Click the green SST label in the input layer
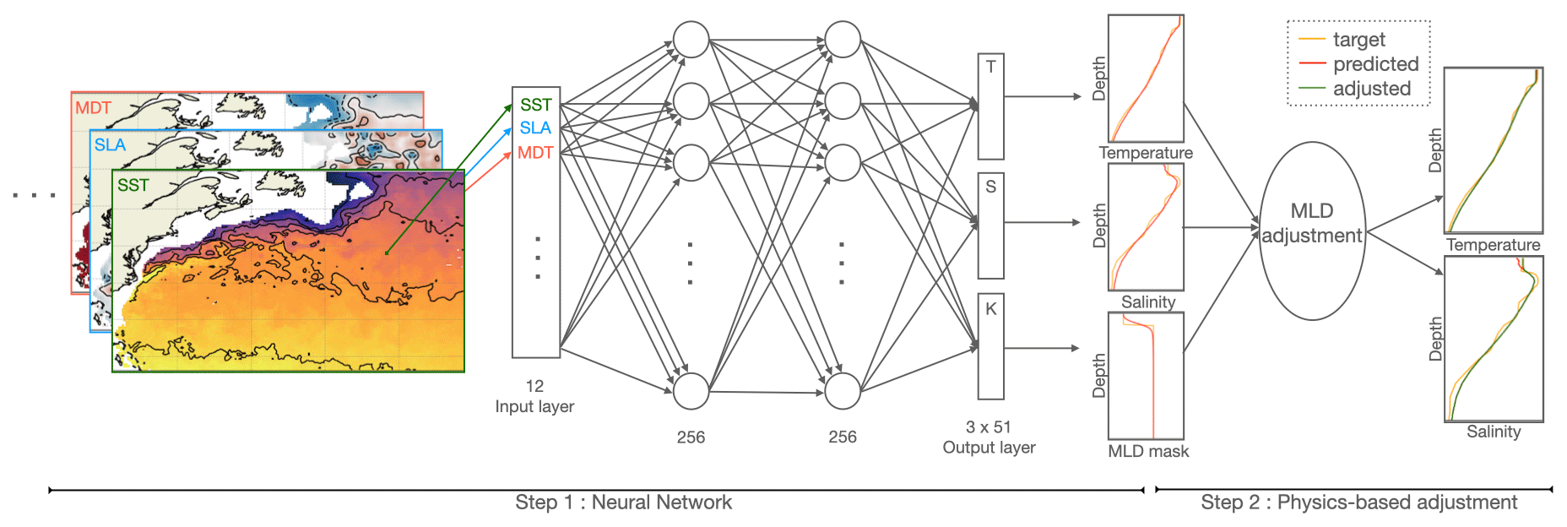point(535,105)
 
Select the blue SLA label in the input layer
point(535,128)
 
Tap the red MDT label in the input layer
point(535,153)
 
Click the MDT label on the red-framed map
point(93,108)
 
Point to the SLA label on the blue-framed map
point(110,145)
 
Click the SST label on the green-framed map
point(133,186)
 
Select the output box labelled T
point(990,106)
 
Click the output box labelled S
point(990,225)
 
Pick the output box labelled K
point(990,346)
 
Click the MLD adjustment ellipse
point(1312,231)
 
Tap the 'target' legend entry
point(1358,40)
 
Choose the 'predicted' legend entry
point(1375,64)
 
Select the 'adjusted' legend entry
point(1372,89)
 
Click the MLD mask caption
point(1148,452)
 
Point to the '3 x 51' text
point(989,427)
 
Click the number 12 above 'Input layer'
point(534,386)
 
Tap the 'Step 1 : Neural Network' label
point(623,503)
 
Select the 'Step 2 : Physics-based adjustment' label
point(1358,503)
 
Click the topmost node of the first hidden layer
point(691,40)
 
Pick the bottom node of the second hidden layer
point(842,391)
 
